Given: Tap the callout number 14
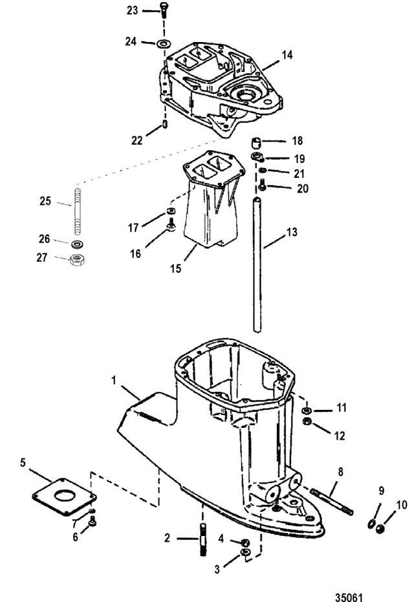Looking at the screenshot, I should click(287, 56).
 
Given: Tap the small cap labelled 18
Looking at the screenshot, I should click(257, 141).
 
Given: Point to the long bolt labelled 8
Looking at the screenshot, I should click(332, 504).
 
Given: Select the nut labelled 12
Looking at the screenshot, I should click(309, 424).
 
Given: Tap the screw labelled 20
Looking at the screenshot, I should click(263, 187).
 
